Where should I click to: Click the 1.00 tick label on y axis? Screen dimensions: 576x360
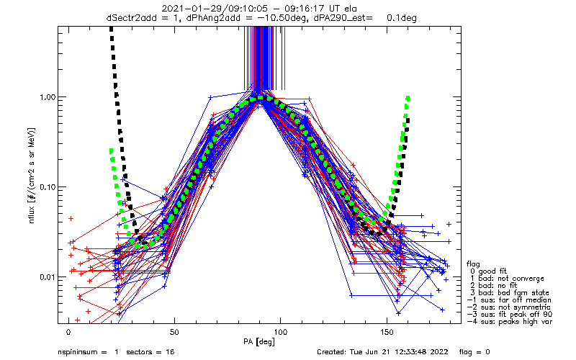coord(46,97)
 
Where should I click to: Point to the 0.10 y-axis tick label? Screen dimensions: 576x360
coord(46,187)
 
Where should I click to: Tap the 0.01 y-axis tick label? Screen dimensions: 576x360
coord(46,277)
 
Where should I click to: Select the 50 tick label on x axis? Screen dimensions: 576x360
coord(174,332)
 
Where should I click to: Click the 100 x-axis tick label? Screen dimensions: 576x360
coord(281,332)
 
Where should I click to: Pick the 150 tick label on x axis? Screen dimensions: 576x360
coord(387,332)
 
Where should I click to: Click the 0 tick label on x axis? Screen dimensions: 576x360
coord(68,332)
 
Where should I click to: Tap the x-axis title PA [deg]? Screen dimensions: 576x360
coord(259,342)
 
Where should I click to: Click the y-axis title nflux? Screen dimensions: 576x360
coord(32,214)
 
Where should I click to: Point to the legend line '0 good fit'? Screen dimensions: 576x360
coord(488,271)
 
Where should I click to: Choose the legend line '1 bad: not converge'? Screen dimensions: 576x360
coord(507,279)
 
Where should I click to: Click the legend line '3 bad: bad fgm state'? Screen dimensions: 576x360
coord(510,293)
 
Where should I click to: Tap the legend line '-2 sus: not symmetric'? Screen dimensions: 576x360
coord(509,307)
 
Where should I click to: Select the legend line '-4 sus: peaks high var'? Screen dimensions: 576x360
coord(510,322)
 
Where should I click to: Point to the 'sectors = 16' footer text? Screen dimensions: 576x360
coord(150,352)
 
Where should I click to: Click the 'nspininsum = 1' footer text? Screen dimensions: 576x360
coord(88,352)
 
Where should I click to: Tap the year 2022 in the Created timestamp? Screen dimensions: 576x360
coord(440,352)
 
